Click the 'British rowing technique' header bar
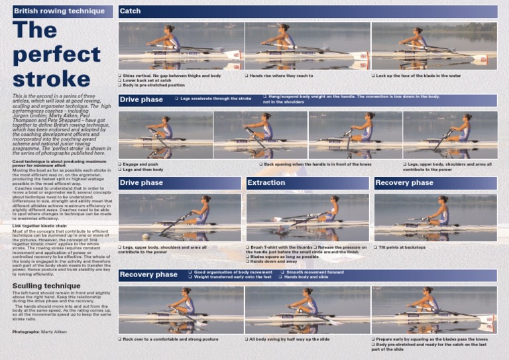tap(63, 11)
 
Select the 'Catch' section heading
tap(131, 11)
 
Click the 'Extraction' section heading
tap(266, 182)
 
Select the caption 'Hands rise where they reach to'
tap(281, 76)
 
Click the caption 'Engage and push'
tap(140, 164)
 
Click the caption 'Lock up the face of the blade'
tap(418, 76)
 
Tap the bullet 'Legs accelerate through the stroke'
tap(215, 99)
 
